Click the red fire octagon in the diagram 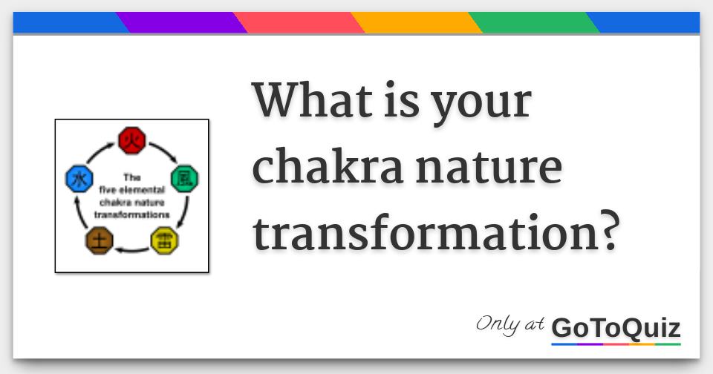click(132, 140)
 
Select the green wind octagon click(184, 179)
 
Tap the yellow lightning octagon click(164, 241)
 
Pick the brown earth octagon click(99, 241)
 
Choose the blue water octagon click(79, 179)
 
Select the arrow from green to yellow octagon click(184, 211)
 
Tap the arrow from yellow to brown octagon click(132, 250)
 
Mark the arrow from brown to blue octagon click(79, 211)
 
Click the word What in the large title click(313, 100)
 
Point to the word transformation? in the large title click(436, 233)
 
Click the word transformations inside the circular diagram click(132, 214)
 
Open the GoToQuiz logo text click(616, 328)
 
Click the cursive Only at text click(510, 325)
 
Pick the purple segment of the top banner click(182, 23)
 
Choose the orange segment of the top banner click(417, 23)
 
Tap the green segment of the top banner click(534, 23)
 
